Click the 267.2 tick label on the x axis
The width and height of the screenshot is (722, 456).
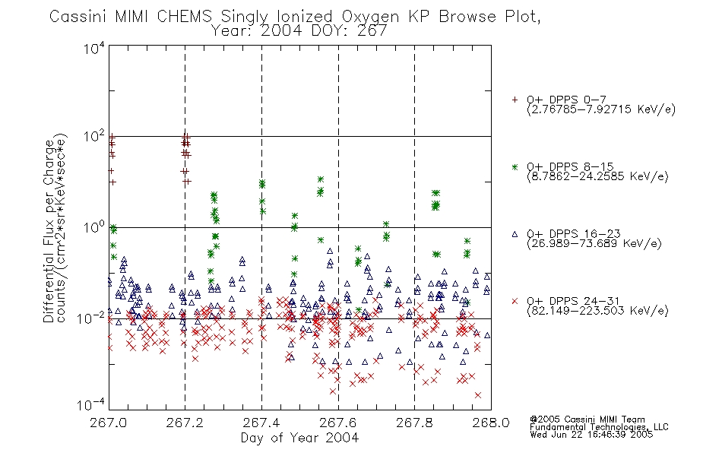(x=185, y=423)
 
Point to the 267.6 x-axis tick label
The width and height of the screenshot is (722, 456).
(x=337, y=423)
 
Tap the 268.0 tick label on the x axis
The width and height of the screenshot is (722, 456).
(x=491, y=423)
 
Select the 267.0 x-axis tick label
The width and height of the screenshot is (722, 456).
(x=108, y=423)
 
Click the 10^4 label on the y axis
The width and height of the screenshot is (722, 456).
(x=94, y=48)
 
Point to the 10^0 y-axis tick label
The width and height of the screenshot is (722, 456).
(x=94, y=227)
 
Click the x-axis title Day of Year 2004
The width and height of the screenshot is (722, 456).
(x=299, y=438)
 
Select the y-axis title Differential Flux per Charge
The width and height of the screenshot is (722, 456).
(x=49, y=232)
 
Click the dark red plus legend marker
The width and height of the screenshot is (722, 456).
(x=515, y=100)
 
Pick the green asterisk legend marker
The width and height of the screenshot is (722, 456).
(x=515, y=166)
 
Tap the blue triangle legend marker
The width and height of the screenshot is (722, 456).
(x=515, y=234)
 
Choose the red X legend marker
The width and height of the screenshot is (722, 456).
(x=515, y=301)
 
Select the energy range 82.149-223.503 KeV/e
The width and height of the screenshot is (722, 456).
(x=597, y=311)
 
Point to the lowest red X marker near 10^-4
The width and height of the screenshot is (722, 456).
(x=478, y=395)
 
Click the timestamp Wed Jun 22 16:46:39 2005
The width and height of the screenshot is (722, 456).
(x=591, y=435)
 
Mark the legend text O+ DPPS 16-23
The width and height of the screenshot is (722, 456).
(x=574, y=234)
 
